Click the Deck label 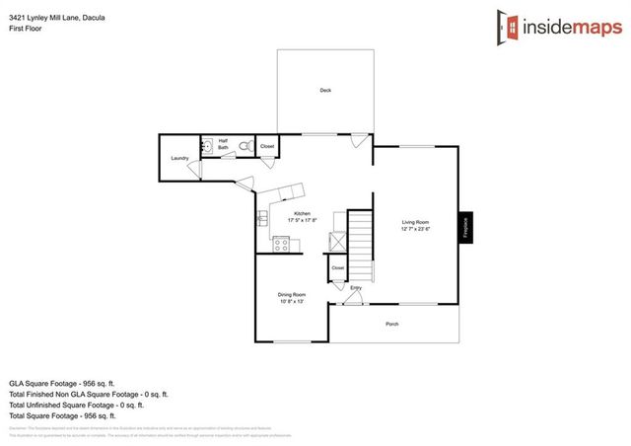click(325, 91)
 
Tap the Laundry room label click(179, 158)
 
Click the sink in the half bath click(208, 148)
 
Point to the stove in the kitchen click(280, 245)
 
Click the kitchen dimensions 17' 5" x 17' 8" click(302, 221)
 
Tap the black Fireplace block click(465, 227)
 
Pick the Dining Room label click(291, 294)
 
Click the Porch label click(392, 324)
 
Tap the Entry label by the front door click(356, 288)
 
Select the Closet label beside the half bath click(267, 146)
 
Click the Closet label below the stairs click(337, 267)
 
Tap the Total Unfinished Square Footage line click(77, 405)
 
